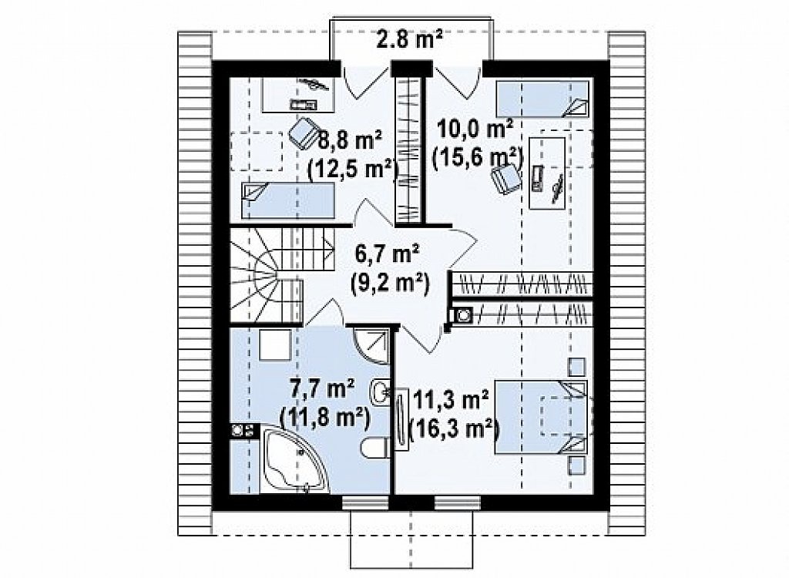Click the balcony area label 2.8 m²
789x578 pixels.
[x=410, y=40]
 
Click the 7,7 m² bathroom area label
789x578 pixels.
[x=323, y=390]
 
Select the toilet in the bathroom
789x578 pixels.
[x=375, y=448]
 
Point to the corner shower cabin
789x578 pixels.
[x=371, y=345]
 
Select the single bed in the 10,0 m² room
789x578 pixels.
[x=542, y=99]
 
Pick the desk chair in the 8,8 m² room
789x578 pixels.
[x=304, y=133]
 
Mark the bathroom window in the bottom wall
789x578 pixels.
[x=366, y=502]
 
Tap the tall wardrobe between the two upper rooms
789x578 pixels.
[x=408, y=149]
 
